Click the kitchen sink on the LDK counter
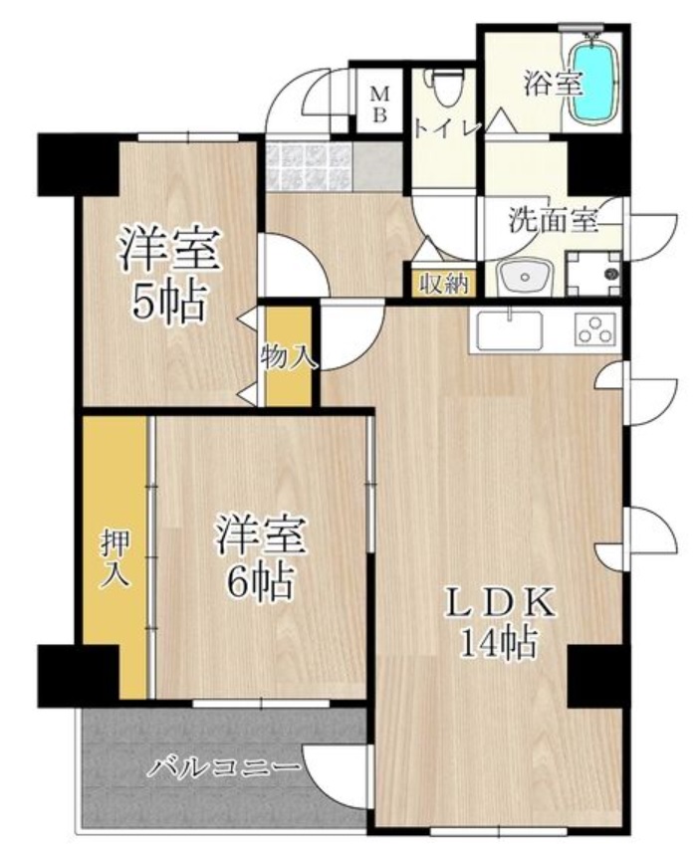[509, 329]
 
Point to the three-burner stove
[595, 329]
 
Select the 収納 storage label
[442, 282]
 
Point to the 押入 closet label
[115, 558]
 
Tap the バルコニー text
[225, 767]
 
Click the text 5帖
[170, 301]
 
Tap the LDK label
[497, 603]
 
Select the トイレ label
[447, 128]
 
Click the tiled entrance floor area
[309, 165]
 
